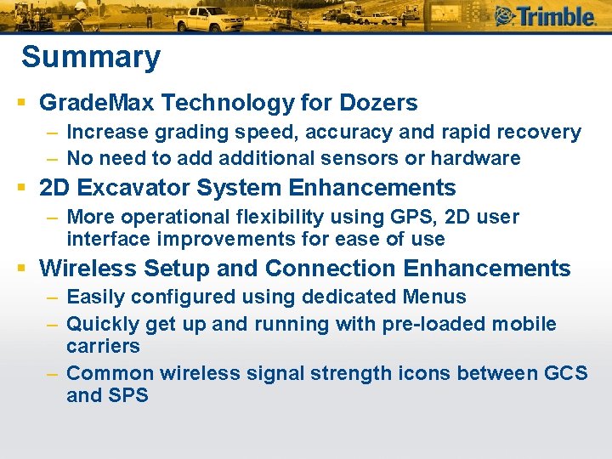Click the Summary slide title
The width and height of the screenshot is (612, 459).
(x=90, y=58)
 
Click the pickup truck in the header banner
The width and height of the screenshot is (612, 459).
(x=213, y=17)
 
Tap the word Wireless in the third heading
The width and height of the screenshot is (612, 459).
(x=88, y=269)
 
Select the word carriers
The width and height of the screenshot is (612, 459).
(x=103, y=346)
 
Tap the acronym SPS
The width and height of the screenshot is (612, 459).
(x=129, y=395)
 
